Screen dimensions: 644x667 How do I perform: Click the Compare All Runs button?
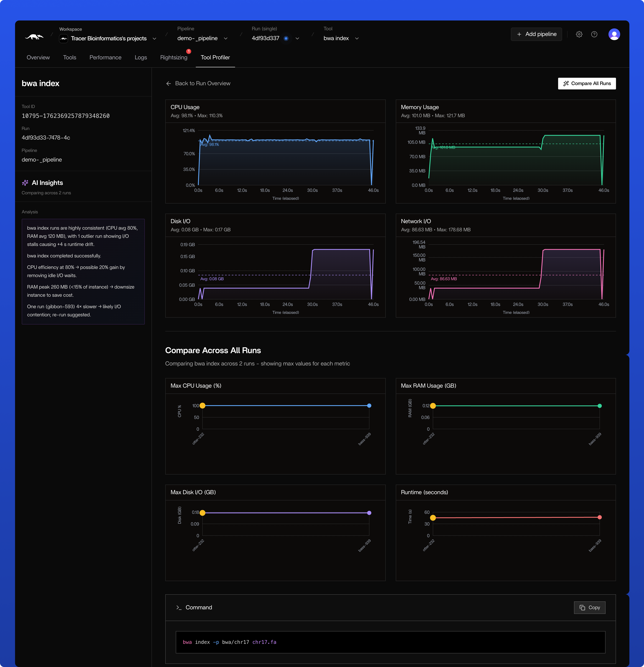[x=587, y=83]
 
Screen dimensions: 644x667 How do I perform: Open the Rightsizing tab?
[x=174, y=57]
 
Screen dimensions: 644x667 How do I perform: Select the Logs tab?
[x=141, y=57]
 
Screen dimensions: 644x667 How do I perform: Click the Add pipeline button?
[x=536, y=34]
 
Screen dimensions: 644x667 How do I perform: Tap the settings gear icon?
[x=579, y=34]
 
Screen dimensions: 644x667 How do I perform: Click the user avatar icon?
[x=614, y=34]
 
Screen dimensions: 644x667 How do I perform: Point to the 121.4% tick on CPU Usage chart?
[x=189, y=131]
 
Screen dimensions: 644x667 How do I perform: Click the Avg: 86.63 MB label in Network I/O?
[x=444, y=279]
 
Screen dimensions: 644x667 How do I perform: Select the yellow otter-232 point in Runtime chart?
[x=433, y=518]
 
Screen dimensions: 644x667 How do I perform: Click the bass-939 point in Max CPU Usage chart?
[x=369, y=406]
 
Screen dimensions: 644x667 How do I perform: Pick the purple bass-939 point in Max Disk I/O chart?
[x=369, y=513]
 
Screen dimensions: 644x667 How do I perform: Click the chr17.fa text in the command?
[x=264, y=642]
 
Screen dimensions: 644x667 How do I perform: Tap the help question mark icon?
[x=594, y=34]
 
